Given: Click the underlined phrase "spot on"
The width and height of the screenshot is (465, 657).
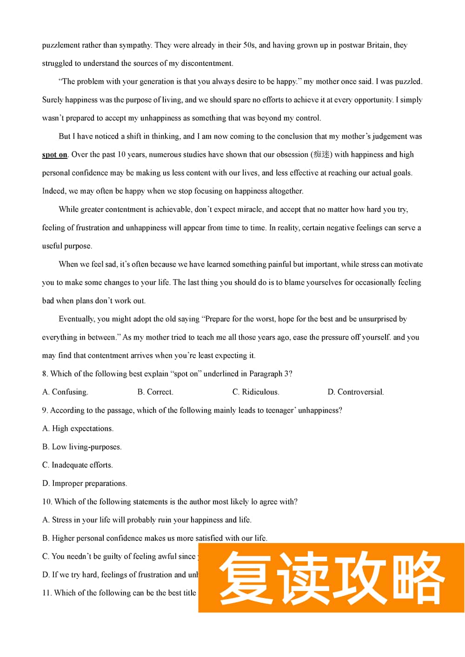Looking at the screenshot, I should pos(54,155).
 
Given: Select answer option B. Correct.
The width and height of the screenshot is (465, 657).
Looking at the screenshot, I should pos(155,392).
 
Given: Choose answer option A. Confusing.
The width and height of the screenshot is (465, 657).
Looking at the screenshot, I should pos(65,392).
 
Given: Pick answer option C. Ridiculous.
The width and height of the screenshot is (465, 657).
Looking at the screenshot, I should pos(256,392).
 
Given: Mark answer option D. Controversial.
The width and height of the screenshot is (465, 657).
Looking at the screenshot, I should pos(356,392).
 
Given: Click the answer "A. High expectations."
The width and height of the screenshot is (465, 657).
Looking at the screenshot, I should pos(78,428).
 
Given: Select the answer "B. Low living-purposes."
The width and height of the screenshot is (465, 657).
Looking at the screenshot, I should pos(82,447).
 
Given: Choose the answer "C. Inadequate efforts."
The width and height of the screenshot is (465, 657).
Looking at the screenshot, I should pos(77,465).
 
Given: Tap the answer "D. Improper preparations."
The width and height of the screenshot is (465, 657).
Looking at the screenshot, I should pos(84,483).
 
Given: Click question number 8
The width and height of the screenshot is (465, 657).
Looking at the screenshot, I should pos(45,374).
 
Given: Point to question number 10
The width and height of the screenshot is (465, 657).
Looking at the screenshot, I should pos(46,501).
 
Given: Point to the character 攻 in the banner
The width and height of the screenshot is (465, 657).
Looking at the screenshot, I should pos(359,577).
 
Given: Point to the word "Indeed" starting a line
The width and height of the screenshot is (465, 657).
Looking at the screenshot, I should pos(53,191).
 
